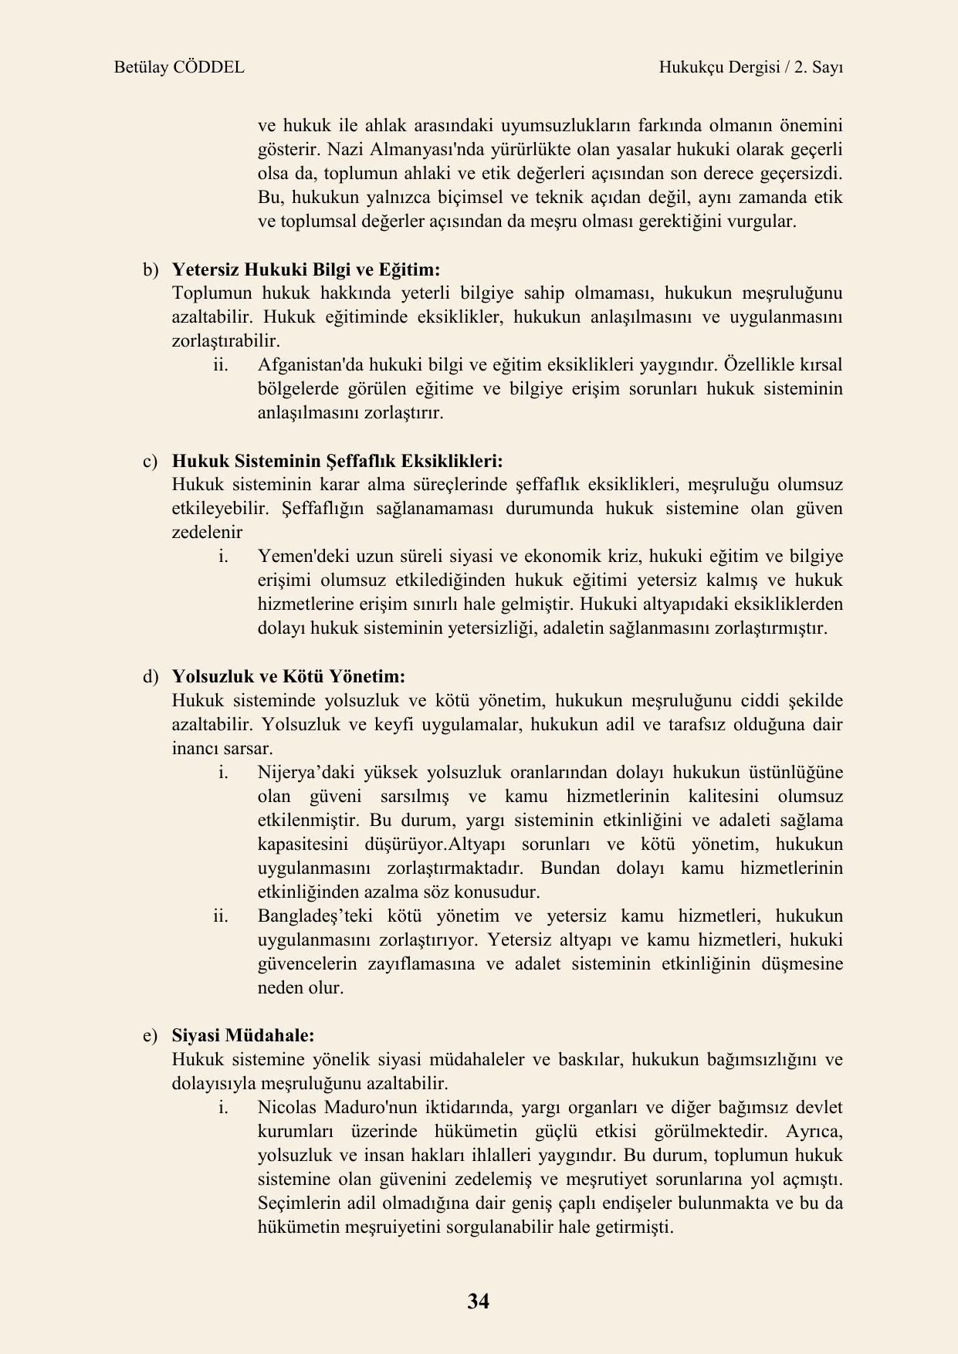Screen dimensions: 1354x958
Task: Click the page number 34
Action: [478, 1301]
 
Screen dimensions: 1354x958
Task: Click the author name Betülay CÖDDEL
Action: [178, 67]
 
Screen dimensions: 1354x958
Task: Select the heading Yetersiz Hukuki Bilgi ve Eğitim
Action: [306, 269]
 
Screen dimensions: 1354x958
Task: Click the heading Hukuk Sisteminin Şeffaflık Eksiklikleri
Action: [337, 461]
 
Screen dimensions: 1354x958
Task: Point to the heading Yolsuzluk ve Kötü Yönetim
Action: [288, 676]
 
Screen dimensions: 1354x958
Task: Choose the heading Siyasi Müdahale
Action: [242, 1034]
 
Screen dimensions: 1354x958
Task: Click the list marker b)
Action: [150, 269]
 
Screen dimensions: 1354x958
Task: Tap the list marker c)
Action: [150, 461]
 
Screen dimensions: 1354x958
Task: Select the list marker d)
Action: [150, 676]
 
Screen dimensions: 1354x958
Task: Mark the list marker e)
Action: [150, 1034]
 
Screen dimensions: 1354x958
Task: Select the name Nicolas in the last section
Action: [286, 1107]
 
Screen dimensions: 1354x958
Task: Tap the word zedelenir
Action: [207, 532]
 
